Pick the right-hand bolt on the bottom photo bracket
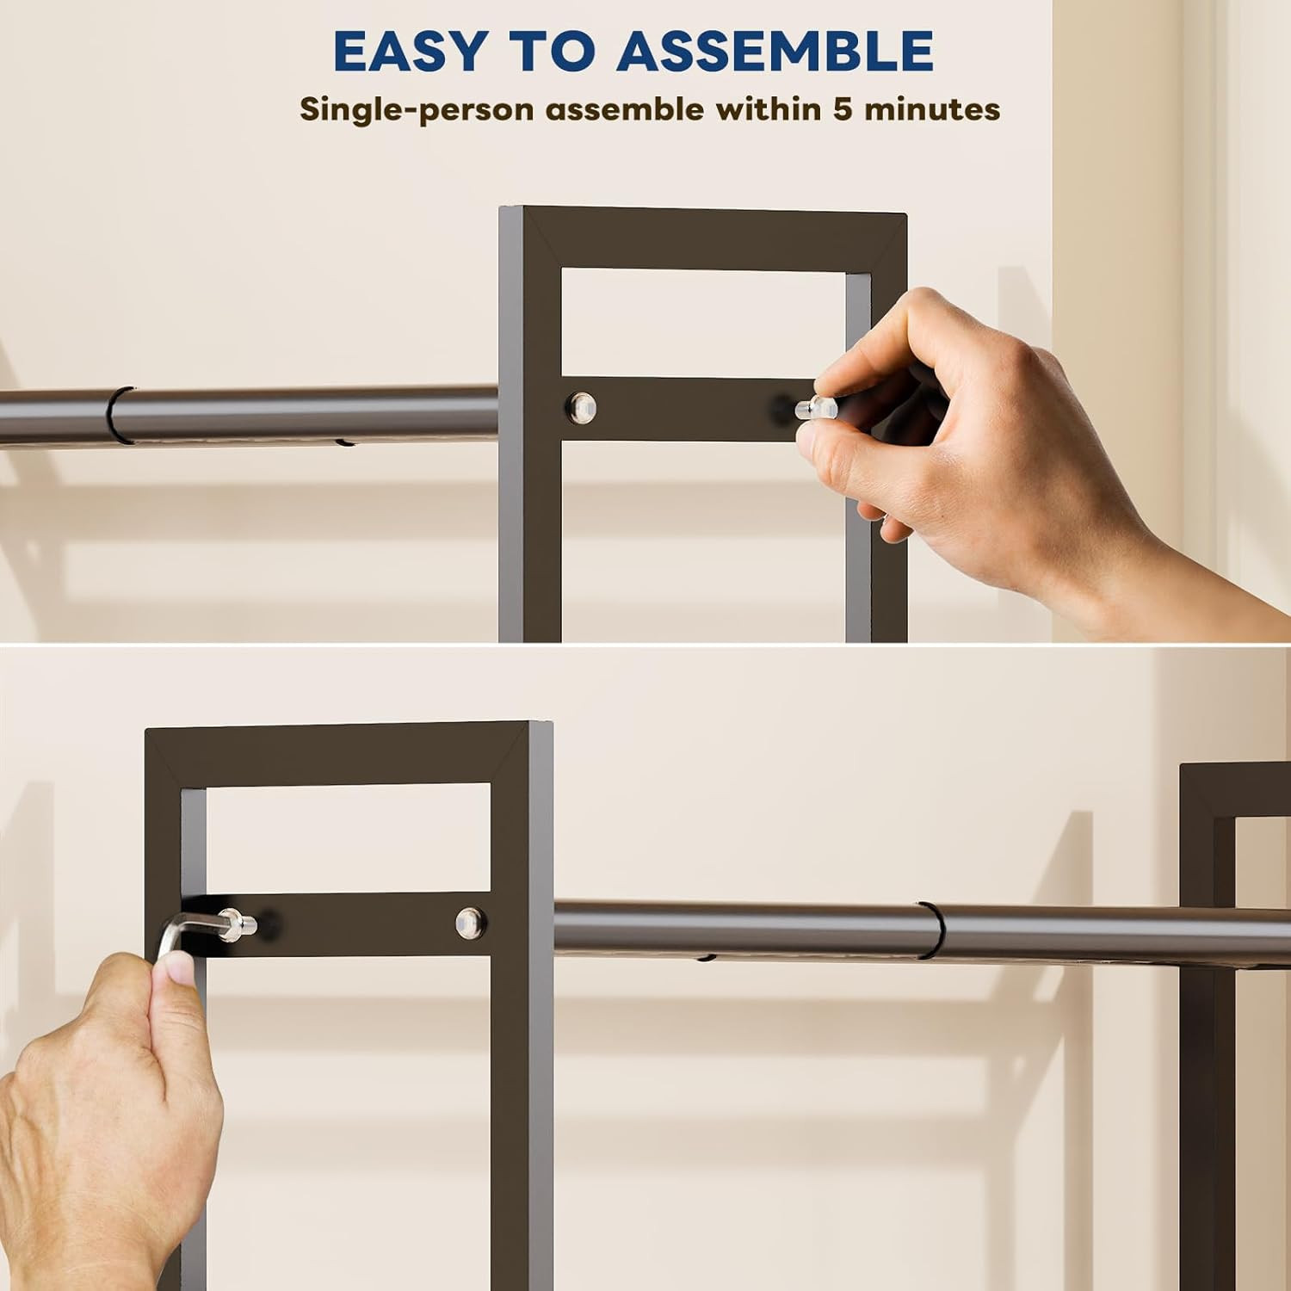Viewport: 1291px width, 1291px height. (469, 921)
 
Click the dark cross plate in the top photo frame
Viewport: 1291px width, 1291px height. (689, 408)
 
